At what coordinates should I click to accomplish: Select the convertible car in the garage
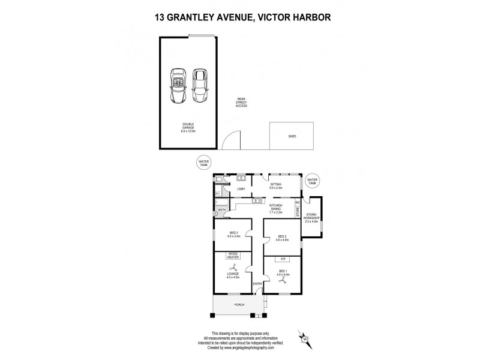click(178, 83)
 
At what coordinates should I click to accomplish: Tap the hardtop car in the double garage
click(199, 83)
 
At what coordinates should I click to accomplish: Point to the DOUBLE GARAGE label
click(188, 127)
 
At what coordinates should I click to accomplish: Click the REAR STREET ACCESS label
click(242, 103)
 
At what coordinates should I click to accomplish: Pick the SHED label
click(292, 136)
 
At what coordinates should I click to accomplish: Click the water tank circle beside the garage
click(205, 162)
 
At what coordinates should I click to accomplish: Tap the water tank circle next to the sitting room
click(312, 180)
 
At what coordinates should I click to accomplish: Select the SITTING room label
click(276, 187)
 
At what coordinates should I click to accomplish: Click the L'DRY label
click(241, 190)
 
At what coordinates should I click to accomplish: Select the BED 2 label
click(282, 238)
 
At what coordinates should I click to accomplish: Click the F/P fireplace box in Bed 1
click(282, 259)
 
